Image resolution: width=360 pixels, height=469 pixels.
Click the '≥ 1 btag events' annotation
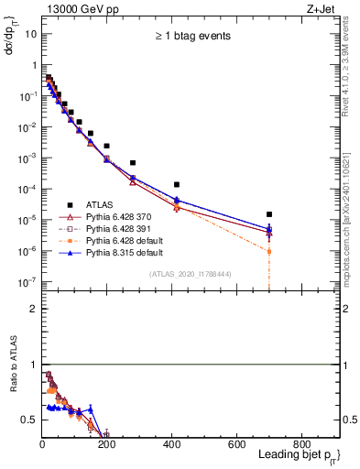(x=191, y=37)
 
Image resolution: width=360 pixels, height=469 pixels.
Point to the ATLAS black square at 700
(x=269, y=214)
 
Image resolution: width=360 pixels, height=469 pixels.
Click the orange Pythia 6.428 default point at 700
(x=269, y=251)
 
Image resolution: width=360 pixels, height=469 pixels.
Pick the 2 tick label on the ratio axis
(x=33, y=309)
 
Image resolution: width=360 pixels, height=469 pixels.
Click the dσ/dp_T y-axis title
(x=12, y=37)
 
